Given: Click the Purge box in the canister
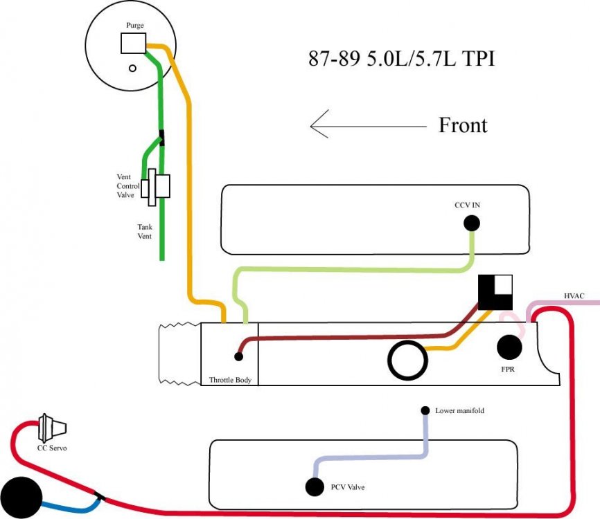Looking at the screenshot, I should (133, 44).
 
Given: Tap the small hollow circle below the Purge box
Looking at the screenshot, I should (132, 69).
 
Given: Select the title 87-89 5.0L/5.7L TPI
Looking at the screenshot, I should (402, 58).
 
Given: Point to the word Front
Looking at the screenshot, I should (463, 125).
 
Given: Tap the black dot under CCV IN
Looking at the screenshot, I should (472, 223).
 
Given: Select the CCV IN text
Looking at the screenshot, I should (467, 206).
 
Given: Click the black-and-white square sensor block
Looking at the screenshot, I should (495, 291).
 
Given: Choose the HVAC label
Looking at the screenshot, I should (574, 296).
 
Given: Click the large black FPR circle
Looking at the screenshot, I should (511, 347).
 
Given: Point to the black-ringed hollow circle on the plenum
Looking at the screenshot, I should (406, 361).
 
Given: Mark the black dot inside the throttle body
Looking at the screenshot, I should (238, 357).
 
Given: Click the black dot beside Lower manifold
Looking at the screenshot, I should (425, 410).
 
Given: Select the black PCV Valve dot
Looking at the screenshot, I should (314, 487).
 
